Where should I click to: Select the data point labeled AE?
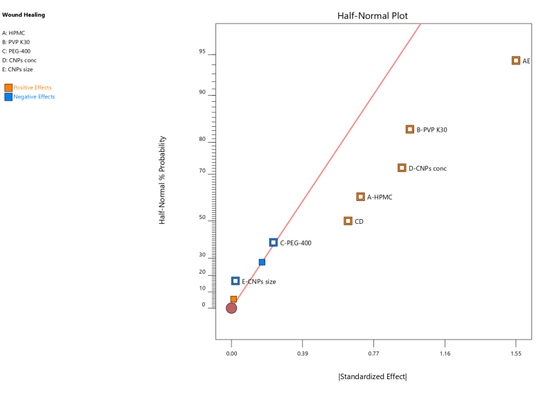516,61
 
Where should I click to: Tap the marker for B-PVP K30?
410,130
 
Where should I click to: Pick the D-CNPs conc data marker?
402,168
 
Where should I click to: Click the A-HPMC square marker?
361,197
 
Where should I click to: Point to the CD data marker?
348,221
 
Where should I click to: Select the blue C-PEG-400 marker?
274,243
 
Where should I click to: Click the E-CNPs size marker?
236,281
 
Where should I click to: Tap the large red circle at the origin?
231,308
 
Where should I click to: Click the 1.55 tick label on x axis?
516,354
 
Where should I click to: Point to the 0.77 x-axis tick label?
374,354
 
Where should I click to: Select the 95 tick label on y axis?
202,51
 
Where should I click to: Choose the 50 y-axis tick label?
202,218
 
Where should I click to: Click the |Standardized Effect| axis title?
373,376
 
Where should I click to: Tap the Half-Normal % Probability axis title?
162,180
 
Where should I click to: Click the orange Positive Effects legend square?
8,88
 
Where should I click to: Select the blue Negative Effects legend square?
8,97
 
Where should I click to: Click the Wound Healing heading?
24,15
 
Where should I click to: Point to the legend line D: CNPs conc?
19,60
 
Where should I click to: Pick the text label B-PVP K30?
432,130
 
